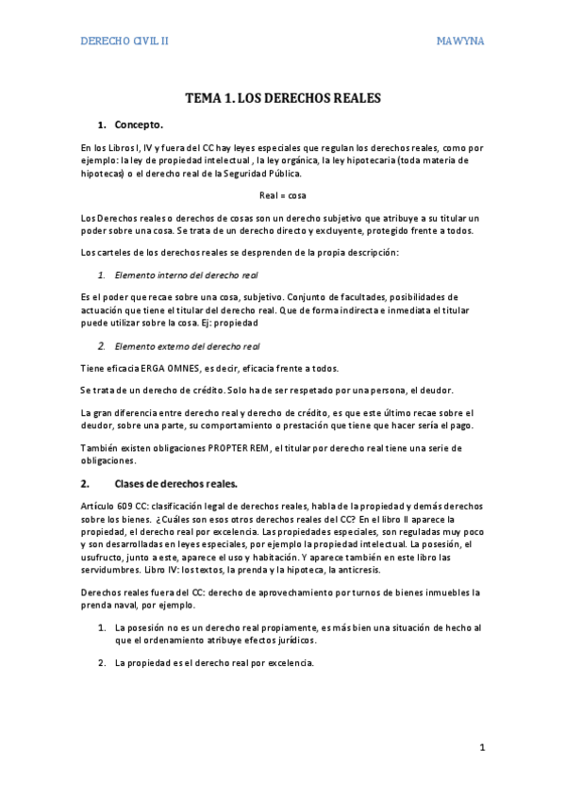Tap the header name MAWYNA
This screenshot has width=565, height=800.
[x=459, y=42]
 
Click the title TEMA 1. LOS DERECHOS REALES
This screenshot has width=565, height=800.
[x=282, y=97]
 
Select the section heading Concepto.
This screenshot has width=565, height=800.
[x=139, y=124]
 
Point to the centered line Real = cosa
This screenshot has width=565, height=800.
[x=282, y=195]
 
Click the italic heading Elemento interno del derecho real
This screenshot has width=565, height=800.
[x=186, y=275]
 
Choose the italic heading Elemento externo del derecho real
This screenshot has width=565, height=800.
[x=187, y=346]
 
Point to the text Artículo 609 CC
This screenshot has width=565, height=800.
[x=115, y=507]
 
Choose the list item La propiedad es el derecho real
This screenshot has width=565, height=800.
[x=213, y=662]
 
